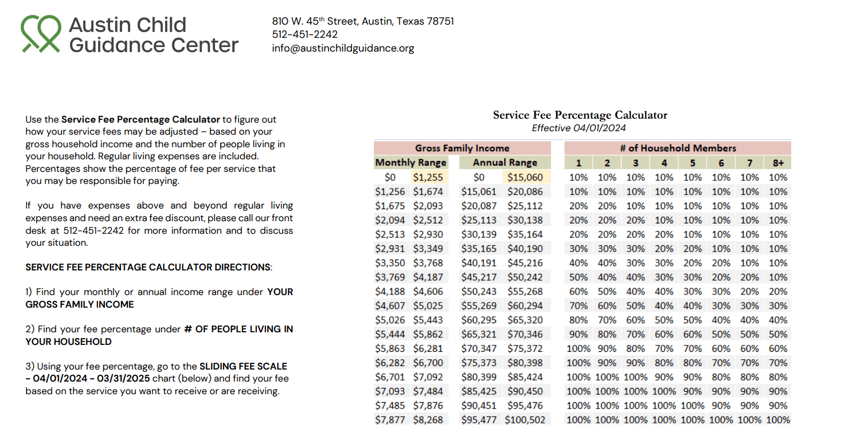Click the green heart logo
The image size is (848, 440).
41,34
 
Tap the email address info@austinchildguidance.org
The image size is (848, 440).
343,49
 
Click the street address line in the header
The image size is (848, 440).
363,21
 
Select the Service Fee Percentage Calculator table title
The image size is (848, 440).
580,115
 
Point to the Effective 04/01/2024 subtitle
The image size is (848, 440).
579,128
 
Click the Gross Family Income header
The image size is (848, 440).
462,148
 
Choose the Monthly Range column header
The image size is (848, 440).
411,163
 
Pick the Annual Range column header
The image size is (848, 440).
505,163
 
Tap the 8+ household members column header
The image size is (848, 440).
778,163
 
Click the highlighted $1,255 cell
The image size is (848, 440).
428,177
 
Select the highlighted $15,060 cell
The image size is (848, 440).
525,177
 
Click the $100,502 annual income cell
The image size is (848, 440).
525,420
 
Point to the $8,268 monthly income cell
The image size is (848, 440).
428,420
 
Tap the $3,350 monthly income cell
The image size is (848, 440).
390,263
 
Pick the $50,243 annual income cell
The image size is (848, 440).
479,292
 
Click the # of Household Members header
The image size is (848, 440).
678,148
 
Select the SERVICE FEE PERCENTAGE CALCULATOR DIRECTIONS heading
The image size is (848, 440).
149,267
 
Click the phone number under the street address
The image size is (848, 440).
305,34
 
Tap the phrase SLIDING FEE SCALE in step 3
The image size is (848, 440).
244,366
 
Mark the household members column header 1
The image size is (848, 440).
579,163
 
